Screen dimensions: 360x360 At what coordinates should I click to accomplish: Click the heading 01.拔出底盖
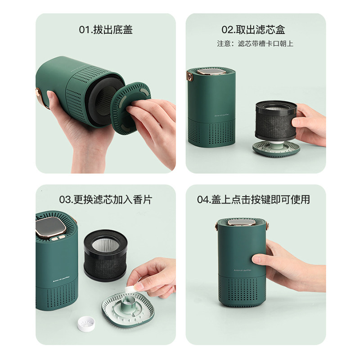click(x=106, y=30)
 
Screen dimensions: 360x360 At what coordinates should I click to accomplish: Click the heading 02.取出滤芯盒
click(x=253, y=30)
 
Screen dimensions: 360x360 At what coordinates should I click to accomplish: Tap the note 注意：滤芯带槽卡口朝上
click(x=255, y=44)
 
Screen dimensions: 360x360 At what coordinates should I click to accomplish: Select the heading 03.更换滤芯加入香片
click(x=106, y=199)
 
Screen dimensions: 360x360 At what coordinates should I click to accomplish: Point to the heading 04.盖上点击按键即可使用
click(x=253, y=199)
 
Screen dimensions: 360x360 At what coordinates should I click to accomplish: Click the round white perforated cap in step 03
click(x=86, y=324)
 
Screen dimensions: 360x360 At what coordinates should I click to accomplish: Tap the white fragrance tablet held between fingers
click(x=130, y=289)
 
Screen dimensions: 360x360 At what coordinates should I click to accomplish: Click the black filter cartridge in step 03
click(x=106, y=255)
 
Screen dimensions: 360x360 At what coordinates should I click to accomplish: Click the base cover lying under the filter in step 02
click(x=276, y=149)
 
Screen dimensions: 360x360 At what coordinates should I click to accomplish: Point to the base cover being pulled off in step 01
click(x=130, y=108)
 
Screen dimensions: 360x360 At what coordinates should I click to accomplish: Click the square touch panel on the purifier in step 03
click(x=50, y=226)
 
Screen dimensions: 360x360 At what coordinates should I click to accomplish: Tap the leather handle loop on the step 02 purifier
click(x=189, y=76)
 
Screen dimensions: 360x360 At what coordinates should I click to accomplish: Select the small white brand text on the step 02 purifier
click(x=221, y=115)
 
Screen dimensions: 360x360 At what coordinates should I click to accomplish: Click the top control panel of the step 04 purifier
click(x=242, y=222)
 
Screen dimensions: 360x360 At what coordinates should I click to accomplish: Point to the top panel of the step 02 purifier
click(x=211, y=72)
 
